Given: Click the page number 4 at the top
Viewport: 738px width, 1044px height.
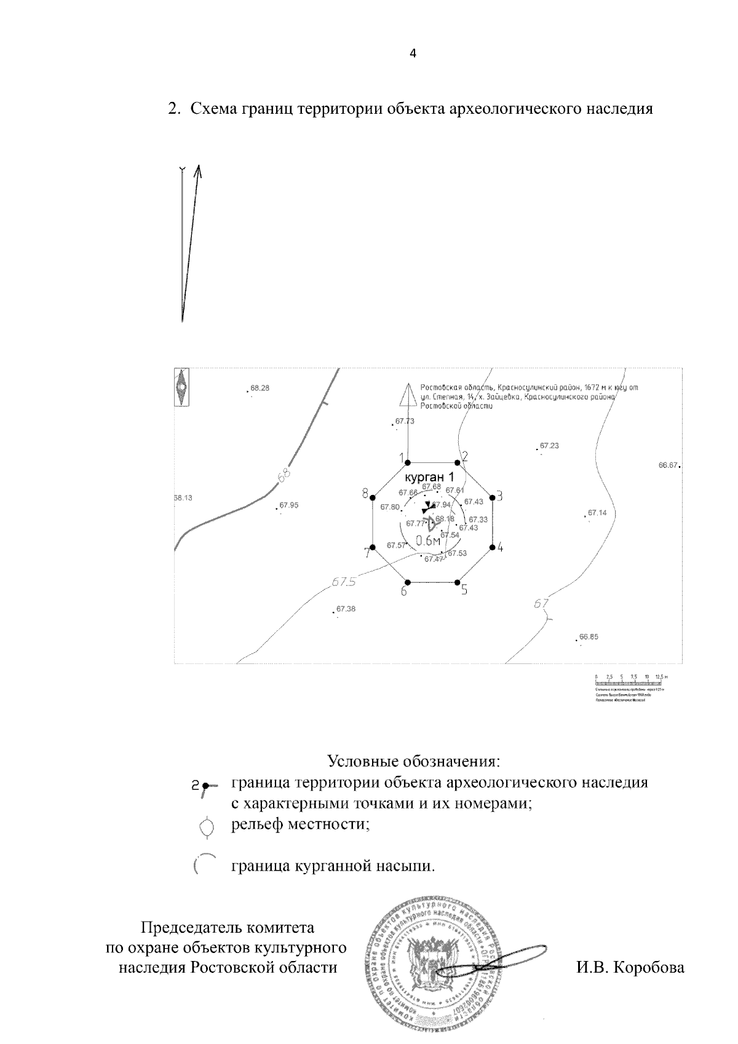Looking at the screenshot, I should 413,53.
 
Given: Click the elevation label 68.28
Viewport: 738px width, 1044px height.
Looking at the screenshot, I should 260,388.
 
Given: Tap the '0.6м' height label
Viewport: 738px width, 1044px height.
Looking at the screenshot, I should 429,540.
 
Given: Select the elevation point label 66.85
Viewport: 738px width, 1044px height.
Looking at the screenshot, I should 589,637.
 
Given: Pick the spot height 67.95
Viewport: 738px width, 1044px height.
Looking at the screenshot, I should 288,505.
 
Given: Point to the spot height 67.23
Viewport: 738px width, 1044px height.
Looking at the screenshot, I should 549,445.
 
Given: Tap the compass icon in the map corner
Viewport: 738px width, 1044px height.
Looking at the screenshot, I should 181,387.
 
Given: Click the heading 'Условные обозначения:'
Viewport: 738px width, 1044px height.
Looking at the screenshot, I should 413,761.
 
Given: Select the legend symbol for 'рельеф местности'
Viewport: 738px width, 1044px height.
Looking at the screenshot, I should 207,826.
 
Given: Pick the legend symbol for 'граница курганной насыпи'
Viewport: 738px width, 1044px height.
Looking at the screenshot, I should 204,863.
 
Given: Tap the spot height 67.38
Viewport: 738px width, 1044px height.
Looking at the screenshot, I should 346,609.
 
